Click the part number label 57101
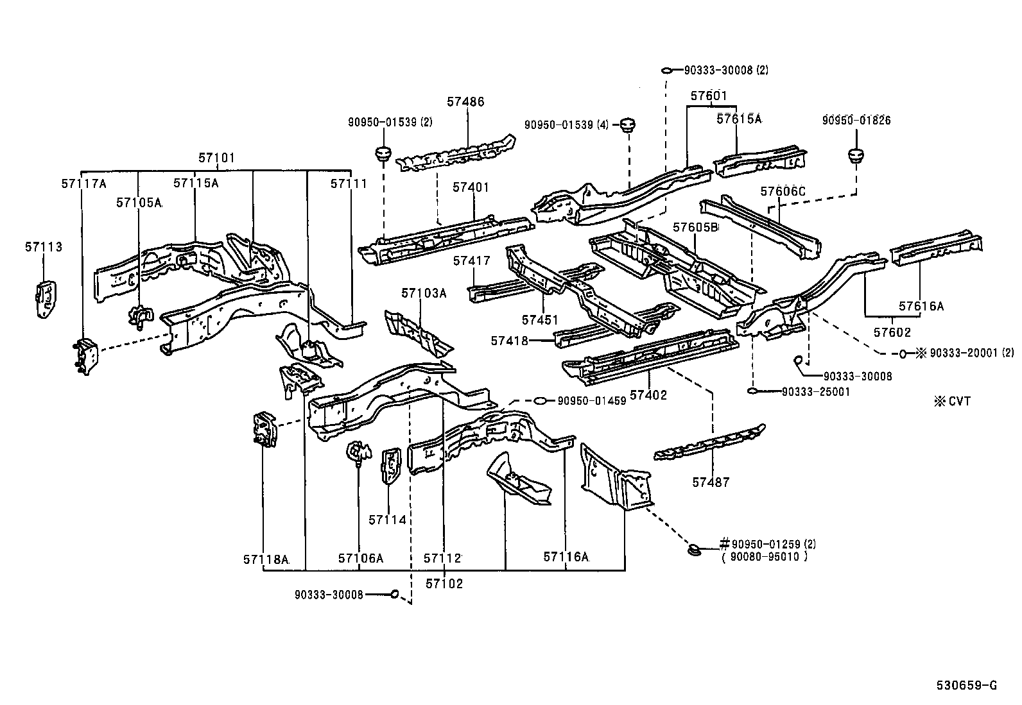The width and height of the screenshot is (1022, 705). [216, 158]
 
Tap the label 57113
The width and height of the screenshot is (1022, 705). [44, 247]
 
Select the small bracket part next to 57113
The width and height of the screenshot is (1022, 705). [44, 300]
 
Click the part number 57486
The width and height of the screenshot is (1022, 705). [466, 101]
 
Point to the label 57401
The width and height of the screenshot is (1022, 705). [471, 187]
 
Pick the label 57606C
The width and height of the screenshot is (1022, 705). [782, 191]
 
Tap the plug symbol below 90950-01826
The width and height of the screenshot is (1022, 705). [856, 155]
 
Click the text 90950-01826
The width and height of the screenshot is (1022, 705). [856, 120]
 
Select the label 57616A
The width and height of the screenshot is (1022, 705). [921, 307]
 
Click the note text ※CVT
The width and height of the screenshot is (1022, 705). [952, 402]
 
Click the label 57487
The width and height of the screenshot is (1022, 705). [711, 482]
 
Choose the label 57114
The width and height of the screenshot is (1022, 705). [387, 520]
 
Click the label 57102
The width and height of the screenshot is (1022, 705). [444, 584]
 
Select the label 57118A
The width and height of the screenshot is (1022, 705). [266, 559]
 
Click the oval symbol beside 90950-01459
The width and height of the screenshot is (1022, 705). [541, 401]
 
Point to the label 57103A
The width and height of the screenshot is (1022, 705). [424, 293]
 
